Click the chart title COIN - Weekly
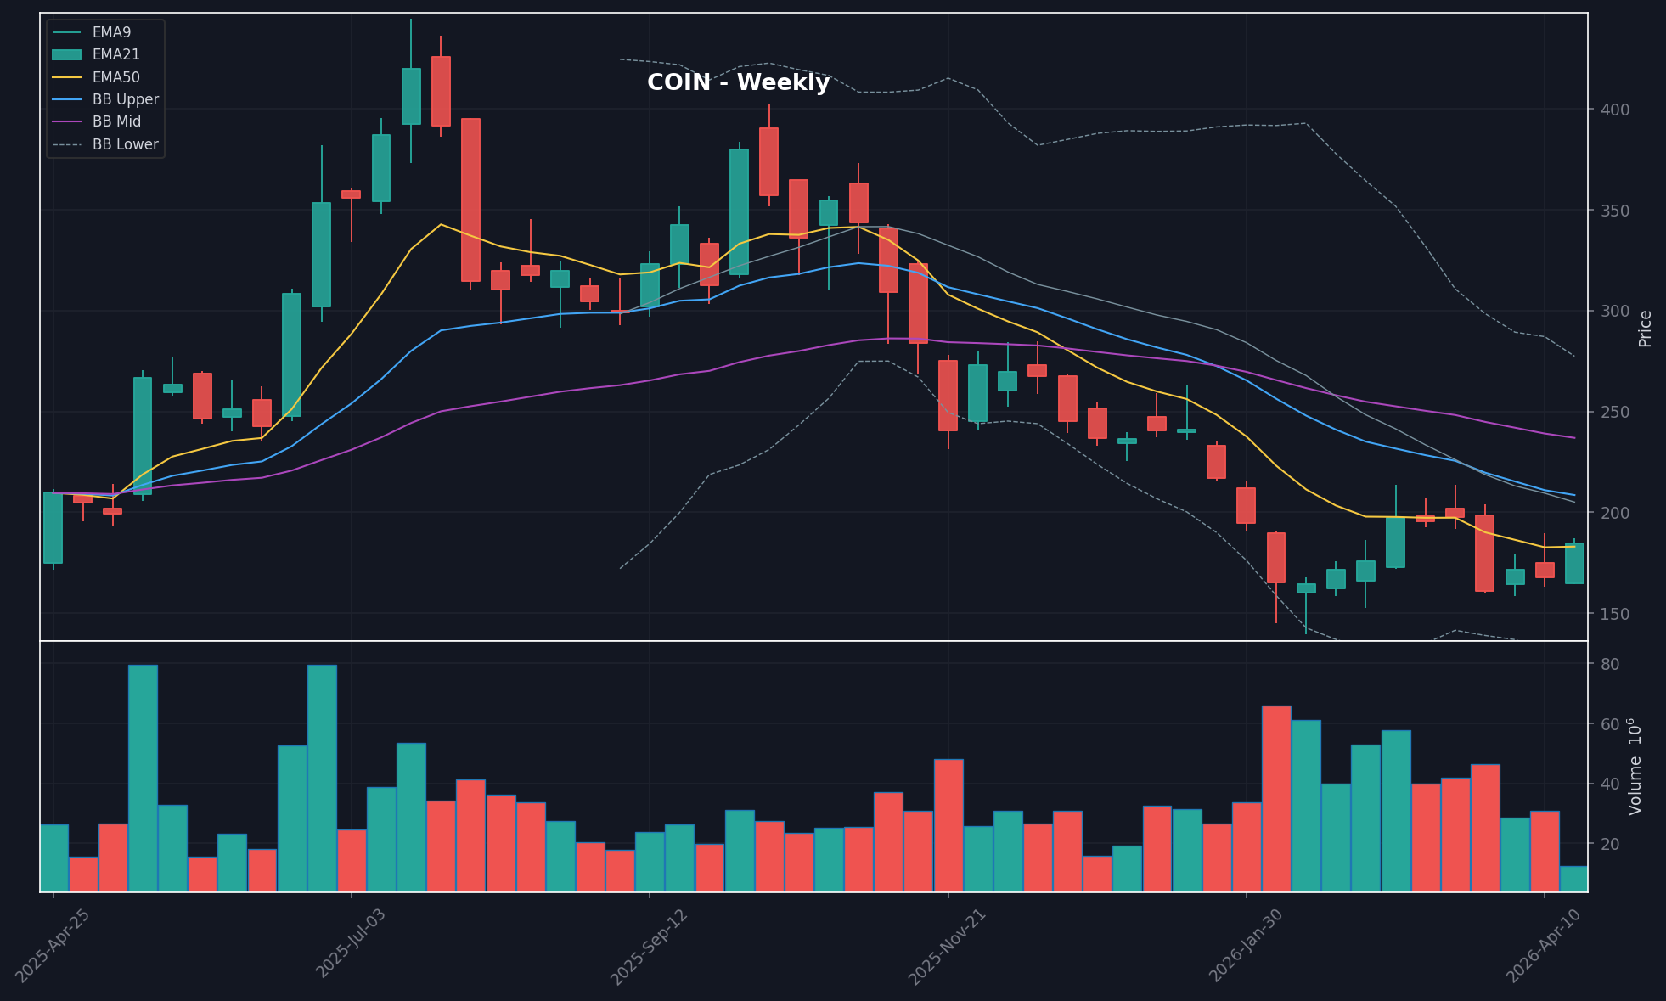(738, 82)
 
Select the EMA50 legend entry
(115, 77)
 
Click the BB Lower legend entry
(125, 144)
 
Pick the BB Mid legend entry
(116, 122)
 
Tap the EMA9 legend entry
(111, 32)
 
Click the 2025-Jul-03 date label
(351, 942)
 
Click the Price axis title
(1645, 329)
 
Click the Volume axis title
(1635, 767)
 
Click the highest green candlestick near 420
(411, 96)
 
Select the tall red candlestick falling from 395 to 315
(470, 200)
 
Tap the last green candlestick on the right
(1573, 563)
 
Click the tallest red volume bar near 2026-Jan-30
(1275, 798)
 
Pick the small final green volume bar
(1573, 879)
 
